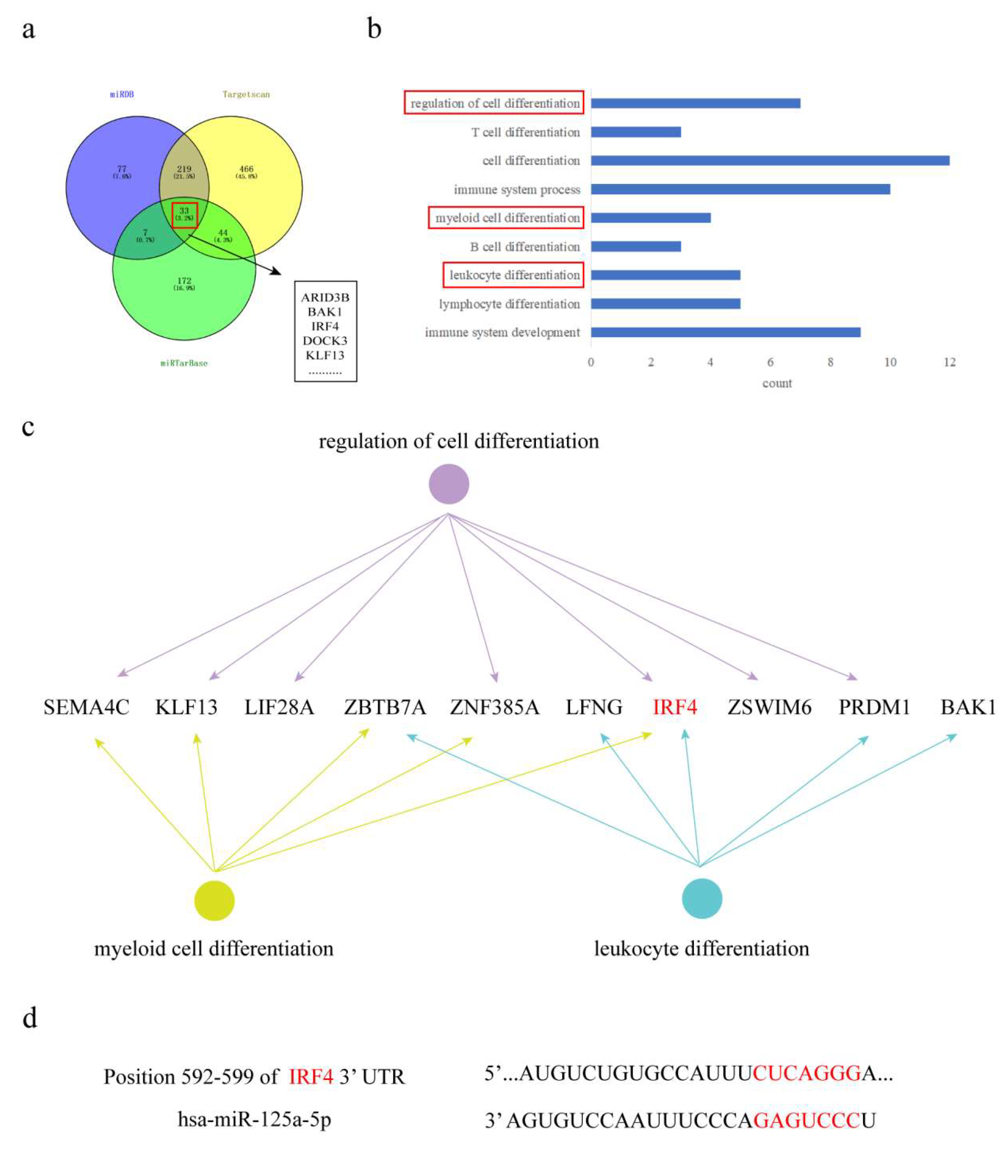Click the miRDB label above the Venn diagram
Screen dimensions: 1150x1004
(x=121, y=94)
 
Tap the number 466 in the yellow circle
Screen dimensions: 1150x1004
(x=246, y=169)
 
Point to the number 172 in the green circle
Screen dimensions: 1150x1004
(x=184, y=281)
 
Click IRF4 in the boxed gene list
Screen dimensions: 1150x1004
(x=325, y=326)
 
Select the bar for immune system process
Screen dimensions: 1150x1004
(x=740, y=189)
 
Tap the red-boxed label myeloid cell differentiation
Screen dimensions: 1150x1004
(x=506, y=218)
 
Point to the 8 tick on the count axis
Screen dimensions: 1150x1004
(x=830, y=362)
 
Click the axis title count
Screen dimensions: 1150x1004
(x=776, y=383)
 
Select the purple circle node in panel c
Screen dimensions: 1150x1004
(x=449, y=484)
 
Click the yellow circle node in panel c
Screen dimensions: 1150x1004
(x=214, y=900)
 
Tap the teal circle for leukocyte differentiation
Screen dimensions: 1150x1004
(x=701, y=898)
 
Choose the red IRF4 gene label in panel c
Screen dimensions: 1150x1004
(x=675, y=707)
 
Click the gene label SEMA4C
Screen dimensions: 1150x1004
(x=86, y=707)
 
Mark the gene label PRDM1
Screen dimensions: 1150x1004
(x=874, y=707)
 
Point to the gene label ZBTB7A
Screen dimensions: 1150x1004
(x=385, y=707)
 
